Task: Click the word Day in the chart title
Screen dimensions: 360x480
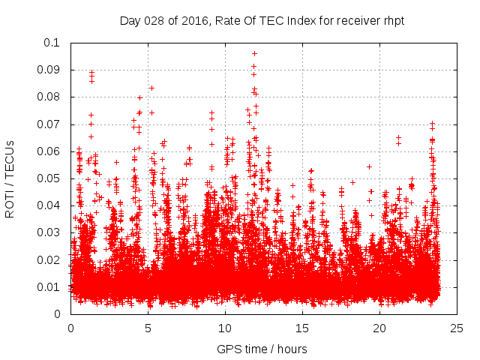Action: (130, 21)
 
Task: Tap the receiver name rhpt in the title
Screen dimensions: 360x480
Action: (393, 21)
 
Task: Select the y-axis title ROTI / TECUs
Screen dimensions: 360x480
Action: (10, 178)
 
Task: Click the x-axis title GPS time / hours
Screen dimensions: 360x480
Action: (262, 349)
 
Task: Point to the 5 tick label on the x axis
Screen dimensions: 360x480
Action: (148, 328)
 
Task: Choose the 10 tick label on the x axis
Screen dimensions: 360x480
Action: (225, 328)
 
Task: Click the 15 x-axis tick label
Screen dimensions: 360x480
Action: (302, 328)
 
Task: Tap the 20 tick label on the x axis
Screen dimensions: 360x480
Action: (379, 328)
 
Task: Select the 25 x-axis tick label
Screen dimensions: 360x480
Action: (457, 328)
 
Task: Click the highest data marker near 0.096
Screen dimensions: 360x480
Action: (254, 53)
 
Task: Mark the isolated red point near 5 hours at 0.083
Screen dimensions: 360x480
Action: (151, 88)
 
